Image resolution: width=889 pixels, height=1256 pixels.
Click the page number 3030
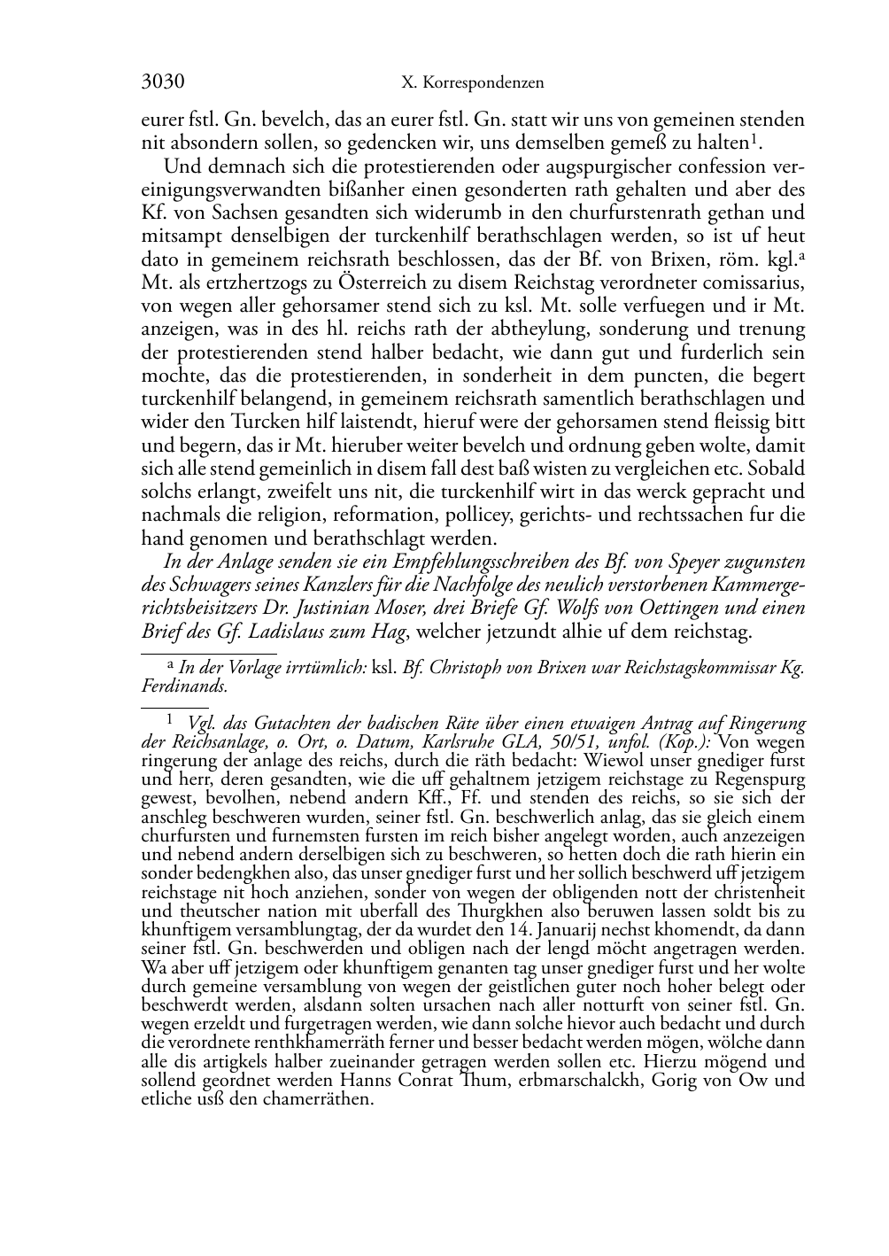point(163,82)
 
